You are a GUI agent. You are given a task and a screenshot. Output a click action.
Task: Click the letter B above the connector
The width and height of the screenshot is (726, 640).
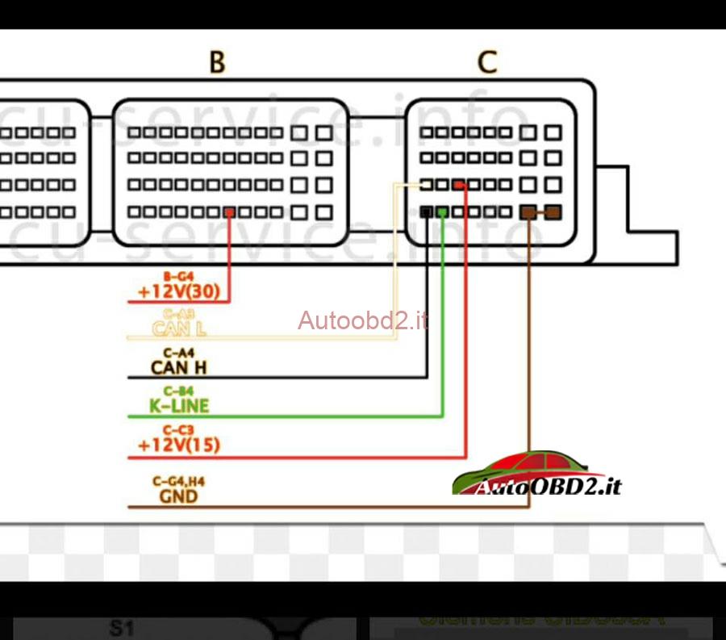click(217, 62)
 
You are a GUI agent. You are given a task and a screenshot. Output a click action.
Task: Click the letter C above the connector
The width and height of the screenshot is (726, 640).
click(487, 62)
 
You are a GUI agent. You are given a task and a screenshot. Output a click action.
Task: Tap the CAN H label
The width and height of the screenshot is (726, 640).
click(178, 368)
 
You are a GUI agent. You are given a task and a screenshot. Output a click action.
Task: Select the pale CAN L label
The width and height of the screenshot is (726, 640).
click(178, 328)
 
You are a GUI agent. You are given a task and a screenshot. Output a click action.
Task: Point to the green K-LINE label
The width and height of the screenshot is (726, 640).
click(178, 406)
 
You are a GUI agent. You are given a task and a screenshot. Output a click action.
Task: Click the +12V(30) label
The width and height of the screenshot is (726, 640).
click(178, 292)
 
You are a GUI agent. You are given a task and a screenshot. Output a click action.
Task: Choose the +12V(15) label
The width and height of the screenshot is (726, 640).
click(178, 445)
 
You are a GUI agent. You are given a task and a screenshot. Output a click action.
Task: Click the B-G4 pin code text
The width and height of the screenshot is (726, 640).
click(178, 276)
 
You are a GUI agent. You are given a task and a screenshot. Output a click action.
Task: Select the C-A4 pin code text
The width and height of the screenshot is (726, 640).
click(178, 353)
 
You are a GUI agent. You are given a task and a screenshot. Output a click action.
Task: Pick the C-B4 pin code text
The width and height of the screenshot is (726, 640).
click(178, 391)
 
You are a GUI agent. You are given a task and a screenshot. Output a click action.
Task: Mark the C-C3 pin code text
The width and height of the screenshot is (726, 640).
click(178, 430)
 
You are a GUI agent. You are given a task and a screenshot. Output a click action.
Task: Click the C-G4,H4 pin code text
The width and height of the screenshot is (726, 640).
click(178, 482)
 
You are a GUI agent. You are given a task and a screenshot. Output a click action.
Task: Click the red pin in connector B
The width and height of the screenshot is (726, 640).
click(230, 212)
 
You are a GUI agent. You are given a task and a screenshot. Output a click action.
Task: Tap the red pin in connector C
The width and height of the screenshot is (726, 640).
click(459, 186)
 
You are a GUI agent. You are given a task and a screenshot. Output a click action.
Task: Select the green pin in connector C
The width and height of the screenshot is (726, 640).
click(442, 212)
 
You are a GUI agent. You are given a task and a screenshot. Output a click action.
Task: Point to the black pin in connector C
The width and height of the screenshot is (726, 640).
click(427, 212)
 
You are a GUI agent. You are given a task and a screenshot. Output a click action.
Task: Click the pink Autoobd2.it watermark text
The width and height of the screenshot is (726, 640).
click(362, 321)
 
